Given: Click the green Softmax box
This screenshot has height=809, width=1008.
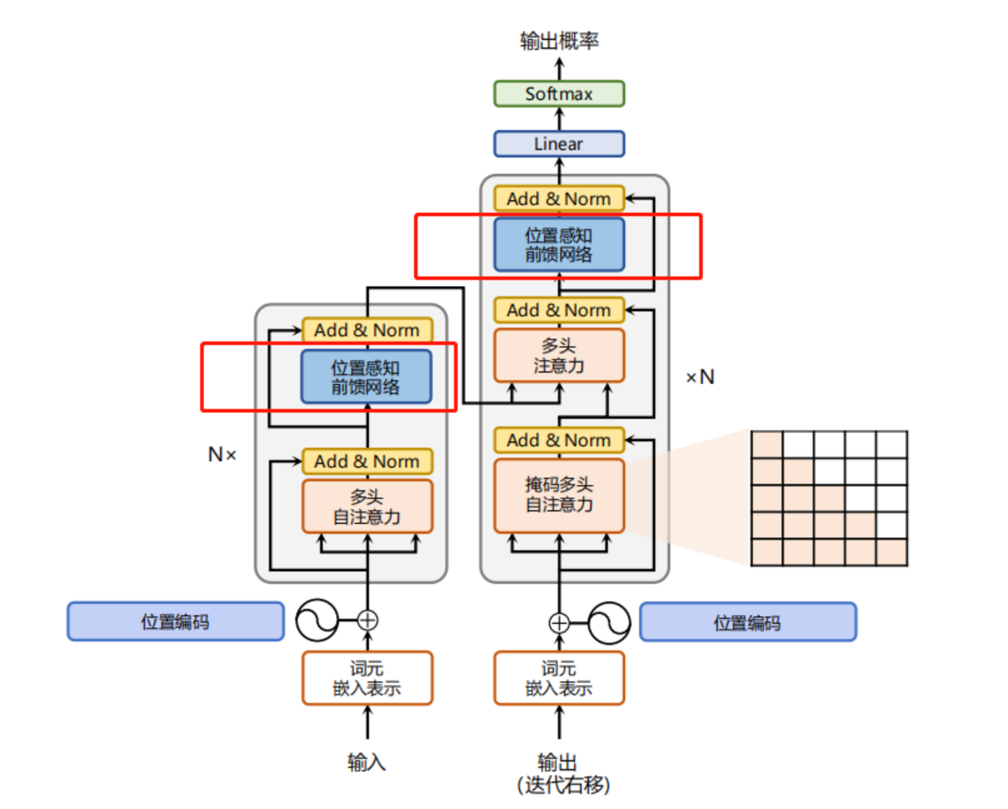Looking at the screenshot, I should point(558,94).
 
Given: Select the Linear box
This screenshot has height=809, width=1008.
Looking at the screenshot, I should point(558,144).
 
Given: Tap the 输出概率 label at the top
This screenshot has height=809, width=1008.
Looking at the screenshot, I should point(559,41).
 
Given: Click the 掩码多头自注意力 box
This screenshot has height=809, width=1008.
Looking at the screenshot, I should point(558,495).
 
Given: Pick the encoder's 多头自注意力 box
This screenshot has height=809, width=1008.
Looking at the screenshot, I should point(367,507).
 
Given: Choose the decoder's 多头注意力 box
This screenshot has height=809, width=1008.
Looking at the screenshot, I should point(558,355).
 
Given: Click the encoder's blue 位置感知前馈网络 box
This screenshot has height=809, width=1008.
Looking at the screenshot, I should point(366,377).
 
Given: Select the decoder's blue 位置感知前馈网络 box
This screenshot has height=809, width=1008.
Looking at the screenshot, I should point(558,244).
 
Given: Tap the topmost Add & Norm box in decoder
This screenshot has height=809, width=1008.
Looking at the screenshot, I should point(558,199).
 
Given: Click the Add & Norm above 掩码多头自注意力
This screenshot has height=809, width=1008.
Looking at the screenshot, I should point(558,440).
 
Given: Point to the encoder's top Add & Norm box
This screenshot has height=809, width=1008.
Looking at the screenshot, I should point(367,330).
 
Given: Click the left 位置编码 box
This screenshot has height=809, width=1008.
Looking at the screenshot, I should point(175,621).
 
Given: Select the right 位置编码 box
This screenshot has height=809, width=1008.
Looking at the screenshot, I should point(747,622).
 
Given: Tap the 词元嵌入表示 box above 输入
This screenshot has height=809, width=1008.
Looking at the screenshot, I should point(367,678).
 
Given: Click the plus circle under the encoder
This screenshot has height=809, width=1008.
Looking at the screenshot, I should point(368,620).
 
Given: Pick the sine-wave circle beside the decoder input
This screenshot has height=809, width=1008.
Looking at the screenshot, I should point(609,623).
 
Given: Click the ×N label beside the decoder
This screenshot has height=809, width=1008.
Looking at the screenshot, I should point(700,377).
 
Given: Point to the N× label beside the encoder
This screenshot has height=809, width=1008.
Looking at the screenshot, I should point(222,455).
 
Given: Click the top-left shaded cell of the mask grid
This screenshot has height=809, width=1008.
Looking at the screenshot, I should point(767,445).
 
